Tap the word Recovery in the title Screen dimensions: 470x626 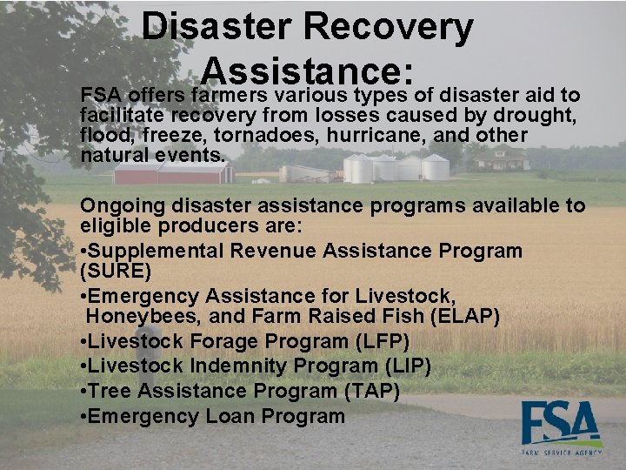coord(391,27)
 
